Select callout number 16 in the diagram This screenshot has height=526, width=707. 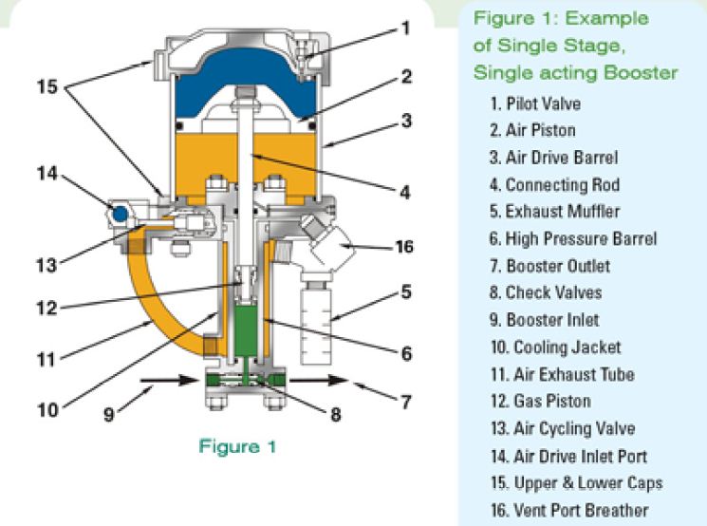405,247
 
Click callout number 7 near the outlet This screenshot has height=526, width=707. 406,403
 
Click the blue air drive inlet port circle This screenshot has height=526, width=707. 119,213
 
